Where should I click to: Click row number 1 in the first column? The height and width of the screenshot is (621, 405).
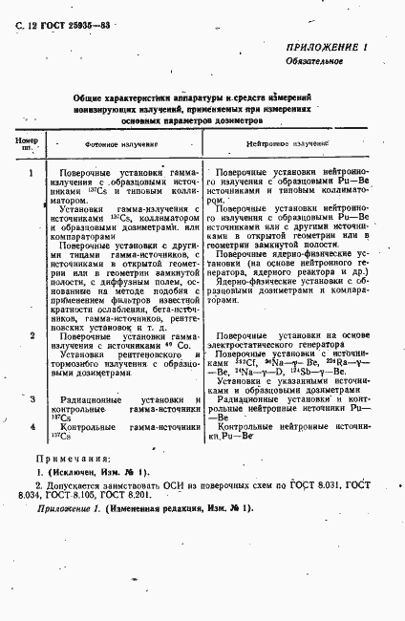click(x=32, y=173)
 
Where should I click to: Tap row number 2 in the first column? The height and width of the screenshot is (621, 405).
click(x=32, y=336)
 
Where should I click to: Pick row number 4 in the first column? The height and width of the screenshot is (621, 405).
click(x=32, y=426)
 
